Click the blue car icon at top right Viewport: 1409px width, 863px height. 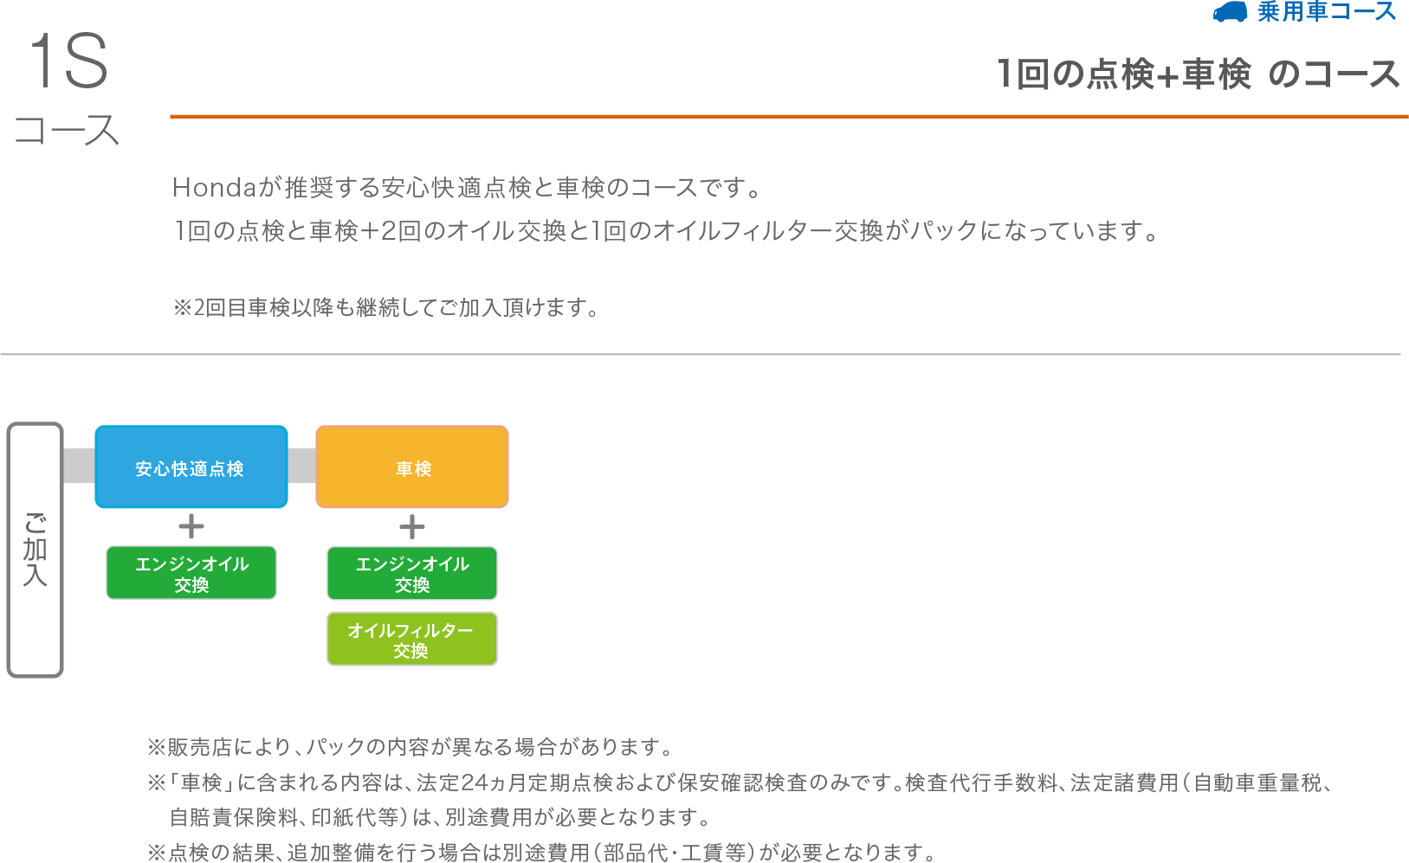coord(1230,12)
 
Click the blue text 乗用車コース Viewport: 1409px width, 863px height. coord(1327,12)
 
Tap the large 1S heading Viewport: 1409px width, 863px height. coord(68,61)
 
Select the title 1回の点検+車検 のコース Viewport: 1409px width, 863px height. coord(1198,74)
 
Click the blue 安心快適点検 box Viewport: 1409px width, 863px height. coord(191,467)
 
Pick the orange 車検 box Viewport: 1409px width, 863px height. coord(412,467)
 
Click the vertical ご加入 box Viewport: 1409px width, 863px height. coord(35,550)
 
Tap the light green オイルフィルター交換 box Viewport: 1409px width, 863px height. coord(411,640)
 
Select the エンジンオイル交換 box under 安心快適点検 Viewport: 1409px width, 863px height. coord(191,573)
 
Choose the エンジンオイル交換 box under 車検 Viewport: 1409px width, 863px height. coord(412,573)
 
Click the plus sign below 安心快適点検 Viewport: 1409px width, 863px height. coord(191,526)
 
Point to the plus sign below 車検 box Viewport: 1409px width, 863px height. coord(412,526)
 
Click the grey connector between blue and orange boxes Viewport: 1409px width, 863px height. coord(301,466)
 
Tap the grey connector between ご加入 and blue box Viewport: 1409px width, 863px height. coord(79,466)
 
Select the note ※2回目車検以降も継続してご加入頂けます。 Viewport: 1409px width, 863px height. coord(386,308)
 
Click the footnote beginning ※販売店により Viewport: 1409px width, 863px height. coord(410,747)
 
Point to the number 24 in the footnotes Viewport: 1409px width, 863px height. coord(475,783)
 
